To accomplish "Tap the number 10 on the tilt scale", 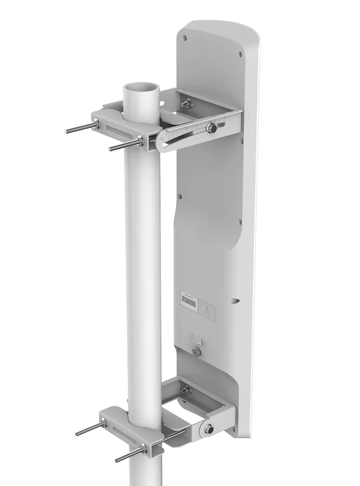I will pyautogui.click(x=163, y=137).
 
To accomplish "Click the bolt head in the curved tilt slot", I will pyautogui.click(x=210, y=127).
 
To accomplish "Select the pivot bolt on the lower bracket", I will pyautogui.click(x=209, y=429).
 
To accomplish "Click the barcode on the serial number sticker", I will pyautogui.click(x=188, y=302).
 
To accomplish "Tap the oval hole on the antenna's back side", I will pyautogui.click(x=234, y=301).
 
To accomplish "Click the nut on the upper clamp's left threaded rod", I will pyautogui.click(x=97, y=123).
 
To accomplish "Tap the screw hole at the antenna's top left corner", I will pyautogui.click(x=184, y=38).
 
